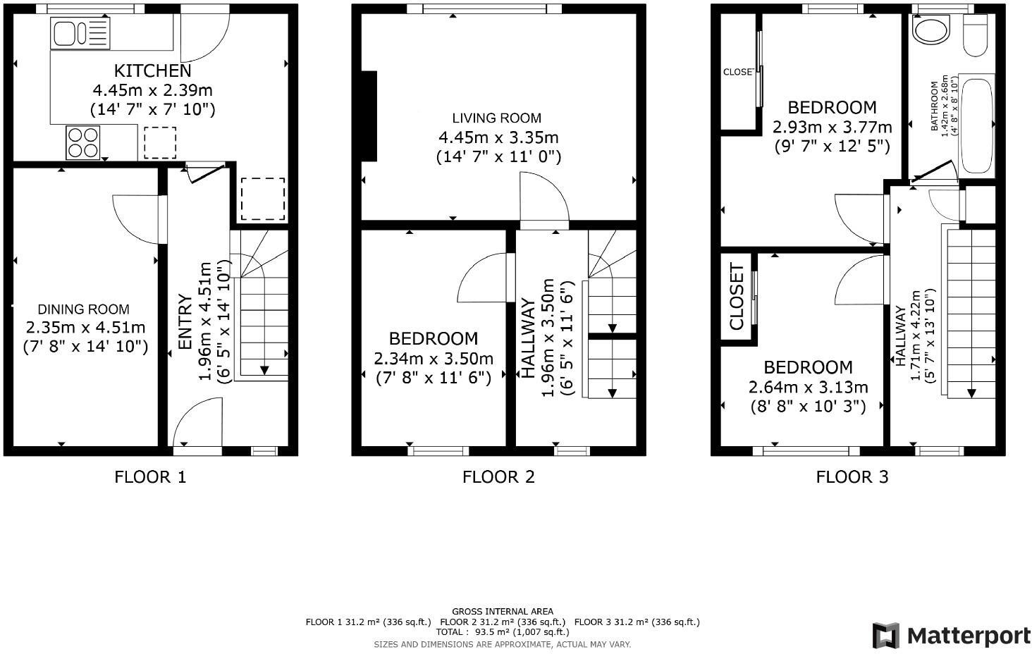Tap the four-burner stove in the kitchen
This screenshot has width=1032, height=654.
click(x=83, y=142)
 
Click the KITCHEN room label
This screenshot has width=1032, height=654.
click(x=152, y=70)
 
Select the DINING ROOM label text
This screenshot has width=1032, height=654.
click(x=83, y=309)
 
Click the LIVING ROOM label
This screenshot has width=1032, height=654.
click(x=497, y=118)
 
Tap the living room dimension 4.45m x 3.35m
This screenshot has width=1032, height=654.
click(x=498, y=137)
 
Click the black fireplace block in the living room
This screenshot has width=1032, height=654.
click(x=369, y=116)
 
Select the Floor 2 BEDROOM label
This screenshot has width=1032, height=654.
click(x=433, y=339)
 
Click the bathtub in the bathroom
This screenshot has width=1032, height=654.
click(x=976, y=125)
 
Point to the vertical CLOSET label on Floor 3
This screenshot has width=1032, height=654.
click(x=736, y=297)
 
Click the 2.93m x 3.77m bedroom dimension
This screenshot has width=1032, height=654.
click(x=832, y=128)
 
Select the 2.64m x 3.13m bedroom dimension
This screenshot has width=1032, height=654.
click(x=808, y=387)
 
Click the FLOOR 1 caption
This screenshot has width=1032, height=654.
click(x=150, y=477)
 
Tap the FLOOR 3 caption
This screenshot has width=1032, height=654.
click(x=852, y=477)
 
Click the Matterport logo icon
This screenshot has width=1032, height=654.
click(x=886, y=636)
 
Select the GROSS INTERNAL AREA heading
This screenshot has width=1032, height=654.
click(x=502, y=611)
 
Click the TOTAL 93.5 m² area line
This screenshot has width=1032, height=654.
click(x=502, y=632)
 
